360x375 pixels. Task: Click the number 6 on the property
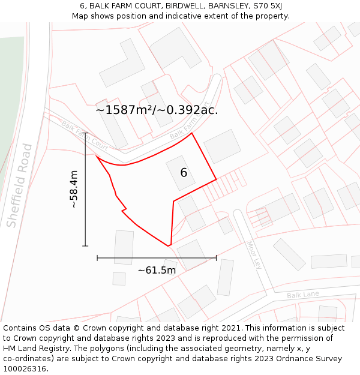184,173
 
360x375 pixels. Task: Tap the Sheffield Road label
19,185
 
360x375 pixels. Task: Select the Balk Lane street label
302,295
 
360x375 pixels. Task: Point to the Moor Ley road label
253,255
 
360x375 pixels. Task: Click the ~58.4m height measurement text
74,189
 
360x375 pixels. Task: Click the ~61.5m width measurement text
157,270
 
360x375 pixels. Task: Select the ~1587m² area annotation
157,110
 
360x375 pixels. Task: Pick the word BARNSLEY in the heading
229,6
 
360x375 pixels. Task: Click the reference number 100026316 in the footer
25,369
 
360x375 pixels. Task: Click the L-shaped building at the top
123,64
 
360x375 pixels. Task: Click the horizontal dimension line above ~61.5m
157,258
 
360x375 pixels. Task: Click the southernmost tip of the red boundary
169,245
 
